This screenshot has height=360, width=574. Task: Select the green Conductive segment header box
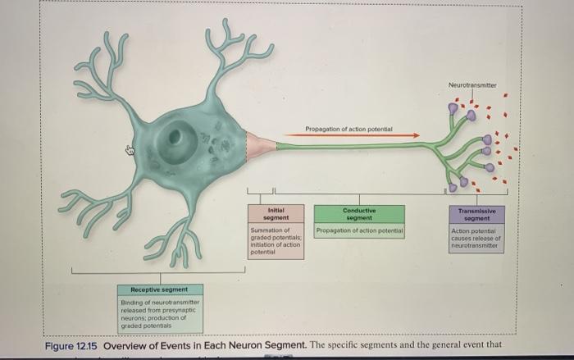(x=359, y=213)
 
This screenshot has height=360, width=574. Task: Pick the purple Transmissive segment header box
(x=477, y=214)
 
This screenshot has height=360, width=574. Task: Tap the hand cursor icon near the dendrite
(x=129, y=150)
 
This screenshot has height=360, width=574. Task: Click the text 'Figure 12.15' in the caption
(x=71, y=345)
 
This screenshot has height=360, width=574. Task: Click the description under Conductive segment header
(x=359, y=231)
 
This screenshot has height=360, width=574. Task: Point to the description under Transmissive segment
(x=477, y=238)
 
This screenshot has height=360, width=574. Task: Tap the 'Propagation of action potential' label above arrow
(x=348, y=129)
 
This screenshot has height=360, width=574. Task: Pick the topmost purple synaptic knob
(x=453, y=107)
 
